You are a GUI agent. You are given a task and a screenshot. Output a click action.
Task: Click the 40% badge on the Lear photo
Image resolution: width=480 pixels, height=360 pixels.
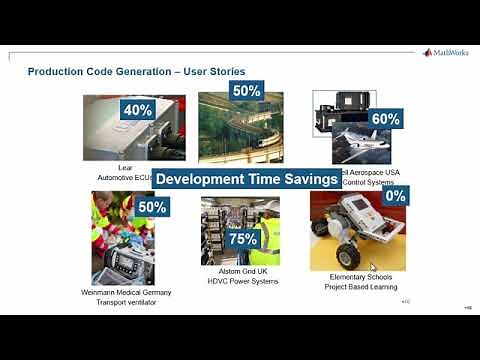click(138, 111)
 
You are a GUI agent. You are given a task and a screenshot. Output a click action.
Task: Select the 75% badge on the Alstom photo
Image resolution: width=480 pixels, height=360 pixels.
click(242, 240)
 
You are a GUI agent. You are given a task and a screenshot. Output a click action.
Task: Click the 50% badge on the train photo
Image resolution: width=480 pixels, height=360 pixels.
click(246, 90)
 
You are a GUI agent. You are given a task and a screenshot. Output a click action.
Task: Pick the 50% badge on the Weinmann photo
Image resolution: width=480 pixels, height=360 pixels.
click(153, 207)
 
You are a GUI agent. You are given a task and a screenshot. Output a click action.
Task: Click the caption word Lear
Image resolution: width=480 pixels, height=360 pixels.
click(125, 168)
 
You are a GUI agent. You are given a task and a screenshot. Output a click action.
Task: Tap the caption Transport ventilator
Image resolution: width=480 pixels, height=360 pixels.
click(126, 301)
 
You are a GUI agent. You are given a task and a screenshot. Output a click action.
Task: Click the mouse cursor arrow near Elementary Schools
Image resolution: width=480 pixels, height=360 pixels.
click(373, 267)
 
